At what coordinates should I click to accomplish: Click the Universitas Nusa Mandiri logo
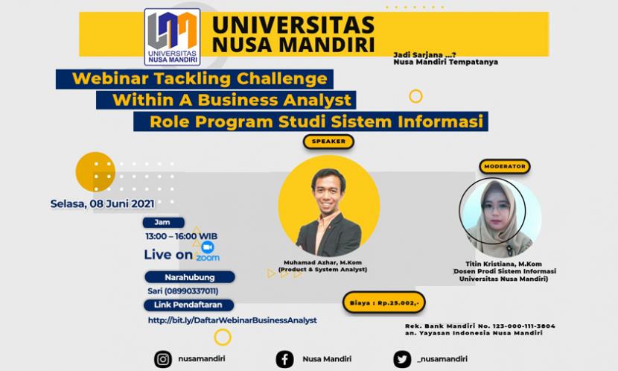point(172,37)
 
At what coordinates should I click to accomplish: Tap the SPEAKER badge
point(328,141)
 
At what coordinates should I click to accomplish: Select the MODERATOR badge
point(504,166)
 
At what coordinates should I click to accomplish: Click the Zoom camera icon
point(208,247)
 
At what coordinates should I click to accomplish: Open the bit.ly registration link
point(232,320)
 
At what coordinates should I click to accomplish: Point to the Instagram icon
point(163,359)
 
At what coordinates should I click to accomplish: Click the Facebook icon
point(284,359)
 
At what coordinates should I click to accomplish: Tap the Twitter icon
point(403,359)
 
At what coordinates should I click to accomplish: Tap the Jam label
point(161,222)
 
